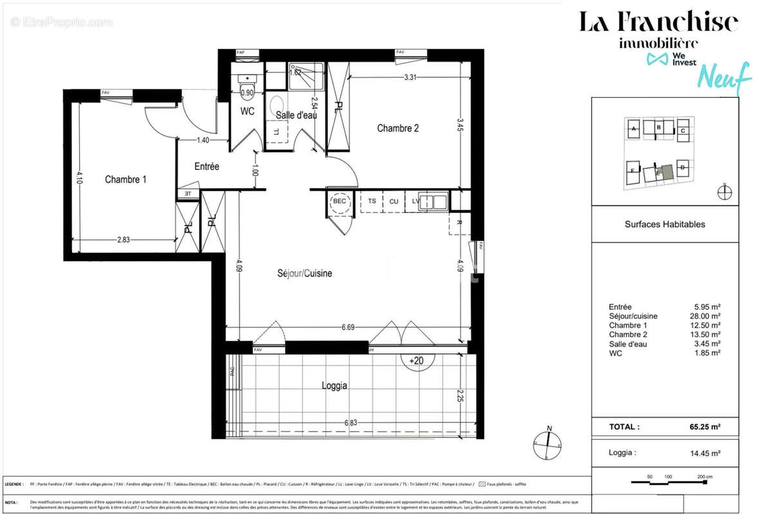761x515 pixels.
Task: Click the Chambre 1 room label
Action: pyautogui.click(x=126, y=180)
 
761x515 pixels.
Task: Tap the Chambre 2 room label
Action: pyautogui.click(x=398, y=128)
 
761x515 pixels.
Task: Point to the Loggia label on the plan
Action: pyautogui.click(x=334, y=386)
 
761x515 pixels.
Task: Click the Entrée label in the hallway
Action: pyautogui.click(x=207, y=167)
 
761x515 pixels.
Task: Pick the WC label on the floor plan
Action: pyautogui.click(x=247, y=111)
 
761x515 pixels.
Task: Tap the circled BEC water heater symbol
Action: pyautogui.click(x=339, y=201)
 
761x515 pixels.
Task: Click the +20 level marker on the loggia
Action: pyautogui.click(x=417, y=361)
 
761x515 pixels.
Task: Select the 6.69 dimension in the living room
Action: pyautogui.click(x=348, y=327)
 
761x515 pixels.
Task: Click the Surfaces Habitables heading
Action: pyautogui.click(x=664, y=225)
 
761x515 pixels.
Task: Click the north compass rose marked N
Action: pyautogui.click(x=549, y=444)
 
